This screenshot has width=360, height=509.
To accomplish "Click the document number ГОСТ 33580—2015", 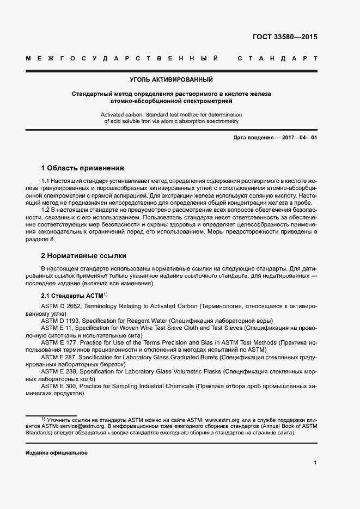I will tap(285, 38).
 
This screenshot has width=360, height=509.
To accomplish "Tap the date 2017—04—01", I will tap(298, 138).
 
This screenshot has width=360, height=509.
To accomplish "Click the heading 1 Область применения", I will tap(82, 168).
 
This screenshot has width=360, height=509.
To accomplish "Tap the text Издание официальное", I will tap(57, 453).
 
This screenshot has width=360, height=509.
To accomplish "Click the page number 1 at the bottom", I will tap(315, 463).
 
